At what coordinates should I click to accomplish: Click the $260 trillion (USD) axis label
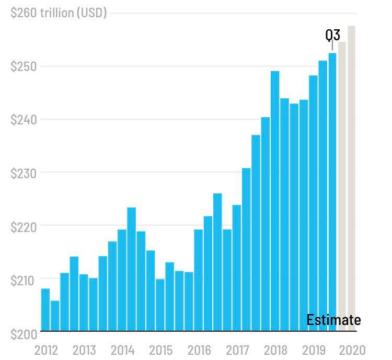click(59, 13)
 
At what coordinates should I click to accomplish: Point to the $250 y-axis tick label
click(24, 66)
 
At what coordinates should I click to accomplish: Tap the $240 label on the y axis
click(24, 120)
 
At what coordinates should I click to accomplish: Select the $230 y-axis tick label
click(24, 173)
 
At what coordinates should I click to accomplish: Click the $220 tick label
click(24, 226)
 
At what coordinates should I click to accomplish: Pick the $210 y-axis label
click(24, 280)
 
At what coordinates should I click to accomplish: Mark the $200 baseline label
click(24, 333)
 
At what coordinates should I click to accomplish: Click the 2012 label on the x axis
click(45, 350)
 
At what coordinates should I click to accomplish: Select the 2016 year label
click(199, 350)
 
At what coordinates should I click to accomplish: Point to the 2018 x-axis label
click(275, 350)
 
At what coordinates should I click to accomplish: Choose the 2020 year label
click(352, 350)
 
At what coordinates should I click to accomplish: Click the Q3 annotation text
click(332, 35)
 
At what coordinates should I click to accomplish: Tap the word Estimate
click(333, 320)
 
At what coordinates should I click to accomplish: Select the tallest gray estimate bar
click(351, 178)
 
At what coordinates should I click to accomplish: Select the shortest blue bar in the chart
click(55, 316)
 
